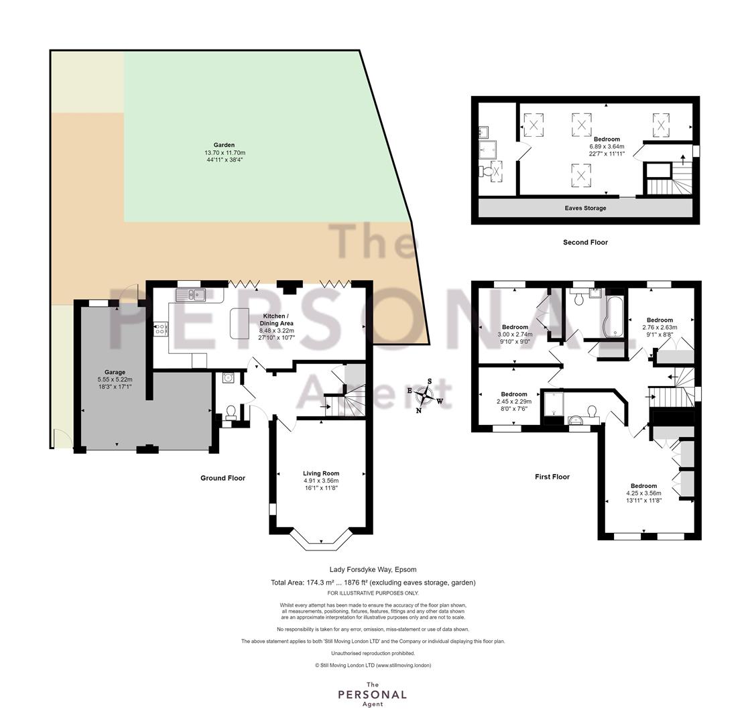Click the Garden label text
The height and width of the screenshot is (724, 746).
(x=224, y=145)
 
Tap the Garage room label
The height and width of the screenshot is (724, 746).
(x=115, y=373)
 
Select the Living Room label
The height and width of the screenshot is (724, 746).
(x=321, y=473)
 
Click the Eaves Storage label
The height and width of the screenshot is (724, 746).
(x=585, y=208)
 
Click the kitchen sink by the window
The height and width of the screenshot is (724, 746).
(x=190, y=295)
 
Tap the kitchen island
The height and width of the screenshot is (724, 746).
(x=239, y=323)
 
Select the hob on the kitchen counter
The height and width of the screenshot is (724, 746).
(x=161, y=328)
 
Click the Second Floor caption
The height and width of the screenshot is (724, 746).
(x=585, y=242)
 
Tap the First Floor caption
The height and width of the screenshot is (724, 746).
(x=552, y=477)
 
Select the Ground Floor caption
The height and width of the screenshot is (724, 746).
(x=223, y=478)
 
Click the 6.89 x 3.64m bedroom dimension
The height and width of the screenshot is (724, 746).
(x=607, y=147)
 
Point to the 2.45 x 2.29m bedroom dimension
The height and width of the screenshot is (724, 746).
(x=514, y=402)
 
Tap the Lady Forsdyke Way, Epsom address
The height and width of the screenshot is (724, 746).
(x=373, y=569)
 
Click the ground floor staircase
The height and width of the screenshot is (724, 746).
(x=349, y=391)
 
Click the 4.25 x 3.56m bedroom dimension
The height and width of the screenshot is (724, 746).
(x=643, y=493)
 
